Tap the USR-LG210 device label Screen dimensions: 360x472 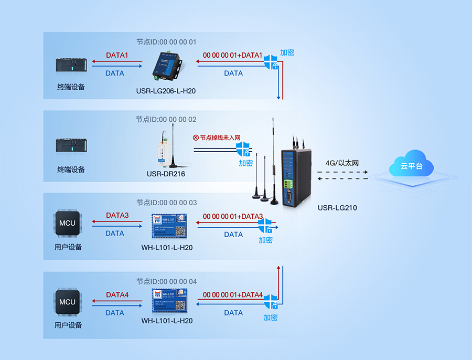337,208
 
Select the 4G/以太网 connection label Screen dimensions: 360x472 341,164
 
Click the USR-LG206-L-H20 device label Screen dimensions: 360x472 166,91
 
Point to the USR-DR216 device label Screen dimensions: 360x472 166,174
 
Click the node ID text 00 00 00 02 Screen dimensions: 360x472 166,120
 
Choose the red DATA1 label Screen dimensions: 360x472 117,55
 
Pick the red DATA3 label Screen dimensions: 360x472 117,216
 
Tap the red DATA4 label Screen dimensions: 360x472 117,295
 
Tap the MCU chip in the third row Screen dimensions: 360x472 67,223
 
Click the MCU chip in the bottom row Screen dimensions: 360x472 67,302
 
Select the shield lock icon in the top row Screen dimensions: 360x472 271,61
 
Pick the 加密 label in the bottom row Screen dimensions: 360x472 271,317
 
